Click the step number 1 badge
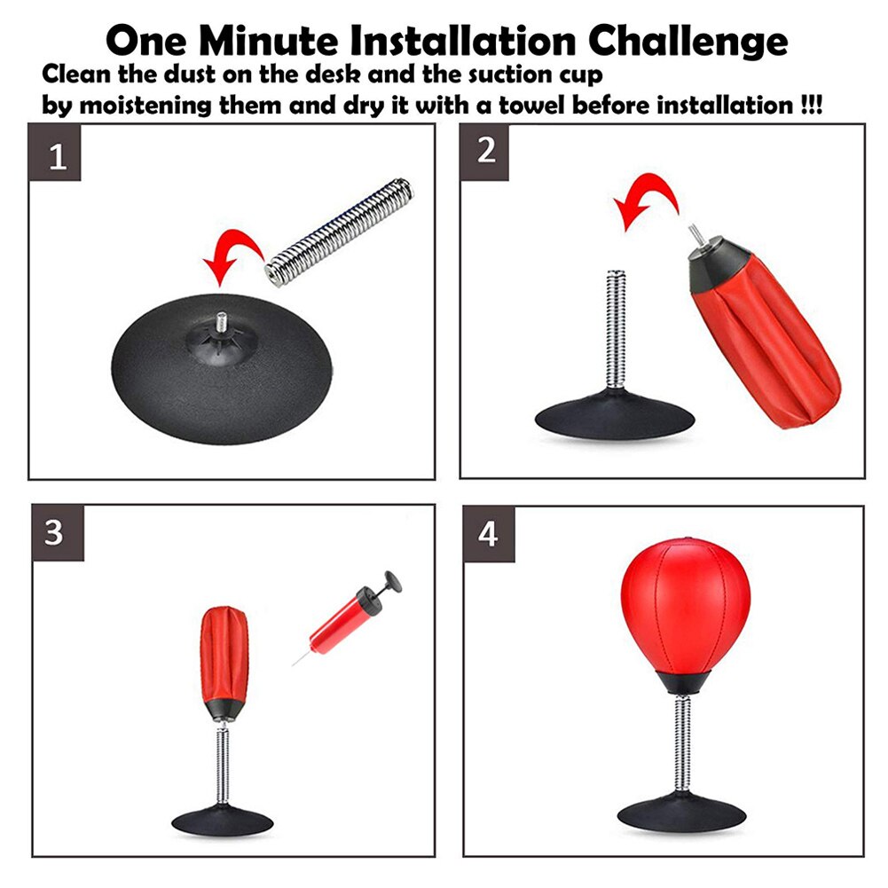55,153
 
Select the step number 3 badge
58,533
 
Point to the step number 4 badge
489,534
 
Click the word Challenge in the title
688,41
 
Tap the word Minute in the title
269,41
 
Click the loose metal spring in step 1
340,232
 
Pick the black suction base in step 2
615,414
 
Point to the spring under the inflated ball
684,743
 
